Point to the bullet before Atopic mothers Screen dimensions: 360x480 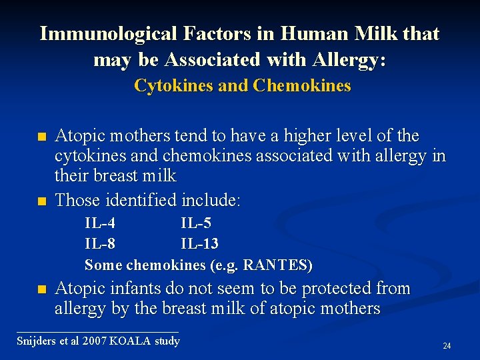click(42, 137)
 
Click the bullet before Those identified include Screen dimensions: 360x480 click(42, 201)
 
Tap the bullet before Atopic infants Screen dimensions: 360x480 click(42, 290)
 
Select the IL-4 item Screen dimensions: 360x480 click(99, 223)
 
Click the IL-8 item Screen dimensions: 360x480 click(99, 244)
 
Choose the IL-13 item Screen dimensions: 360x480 click(199, 244)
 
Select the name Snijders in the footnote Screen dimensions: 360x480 click(37, 341)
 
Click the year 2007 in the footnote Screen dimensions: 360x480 click(93, 341)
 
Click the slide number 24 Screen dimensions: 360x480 click(447, 346)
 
